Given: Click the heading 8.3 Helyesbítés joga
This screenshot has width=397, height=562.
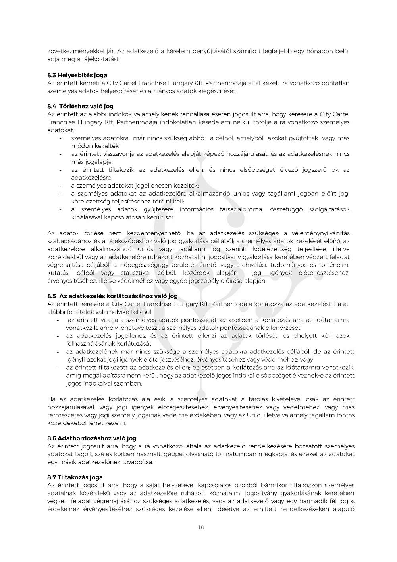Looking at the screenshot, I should click(x=77, y=75).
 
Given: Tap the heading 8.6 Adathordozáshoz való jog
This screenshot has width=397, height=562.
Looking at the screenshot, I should click(x=92, y=438).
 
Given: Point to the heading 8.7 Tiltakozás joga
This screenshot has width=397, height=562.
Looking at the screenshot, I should click(x=75, y=477).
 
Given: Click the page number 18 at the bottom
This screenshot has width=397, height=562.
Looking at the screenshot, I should click(x=200, y=527).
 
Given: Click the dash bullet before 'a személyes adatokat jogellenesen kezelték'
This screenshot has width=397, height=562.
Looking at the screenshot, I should click(x=60, y=186).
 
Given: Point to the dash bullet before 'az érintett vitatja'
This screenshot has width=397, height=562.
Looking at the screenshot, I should click(x=58, y=320).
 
